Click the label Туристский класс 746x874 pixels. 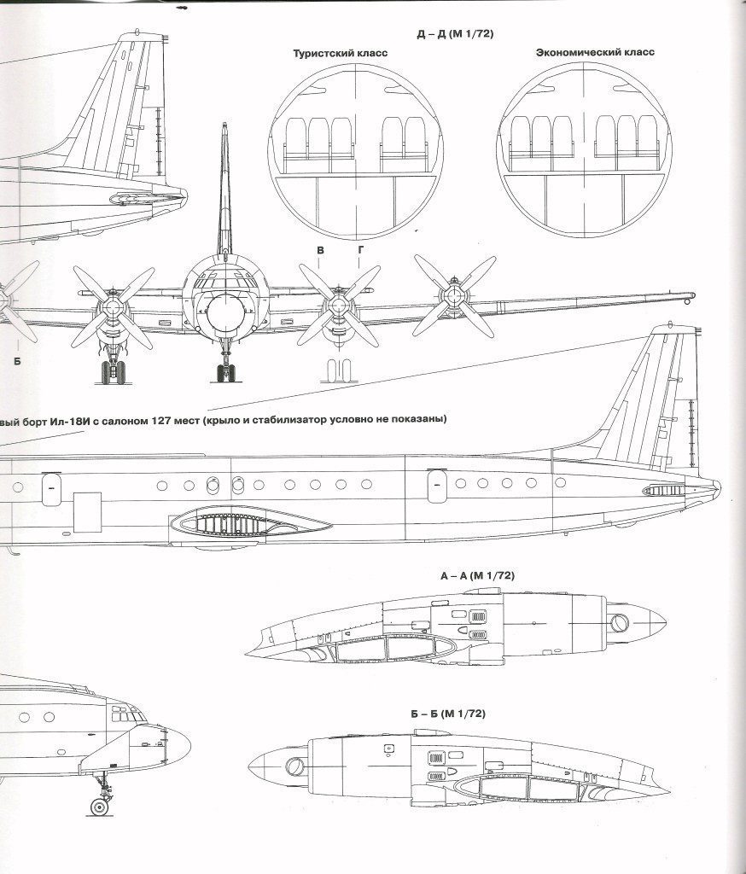[x=340, y=54]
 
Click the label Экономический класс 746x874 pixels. [x=595, y=52]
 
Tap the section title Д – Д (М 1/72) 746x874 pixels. [x=455, y=34]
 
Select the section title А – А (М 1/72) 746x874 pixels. [x=477, y=576]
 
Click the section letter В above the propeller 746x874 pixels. [x=320, y=250]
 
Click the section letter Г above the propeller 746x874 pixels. [x=360, y=250]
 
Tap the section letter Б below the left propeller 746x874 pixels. [x=17, y=361]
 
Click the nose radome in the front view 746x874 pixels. [x=225, y=312]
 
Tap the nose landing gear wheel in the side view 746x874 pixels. [x=100, y=807]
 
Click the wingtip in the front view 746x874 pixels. [x=691, y=295]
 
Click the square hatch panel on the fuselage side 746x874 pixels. [x=88, y=512]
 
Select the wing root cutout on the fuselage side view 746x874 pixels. [x=250, y=524]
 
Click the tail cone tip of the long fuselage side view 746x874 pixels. [x=719, y=489]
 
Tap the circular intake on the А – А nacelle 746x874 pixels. [x=619, y=623]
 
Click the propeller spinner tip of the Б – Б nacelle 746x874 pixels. [x=249, y=767]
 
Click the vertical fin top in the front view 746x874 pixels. [x=224, y=125]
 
